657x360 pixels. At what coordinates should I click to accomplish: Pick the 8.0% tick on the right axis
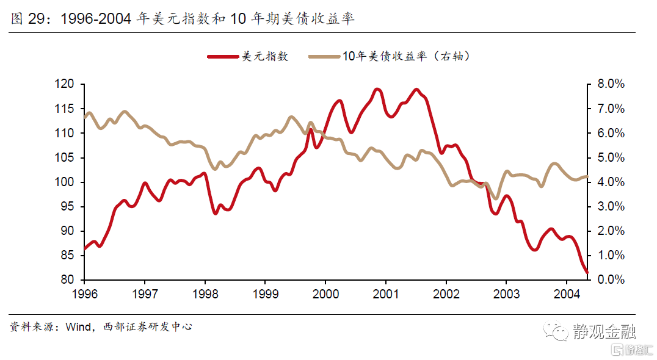(609, 84)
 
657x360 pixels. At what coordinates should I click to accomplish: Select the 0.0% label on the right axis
(609, 280)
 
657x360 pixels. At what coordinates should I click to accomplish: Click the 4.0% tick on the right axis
(609, 182)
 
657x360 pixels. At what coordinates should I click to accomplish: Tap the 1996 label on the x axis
(85, 293)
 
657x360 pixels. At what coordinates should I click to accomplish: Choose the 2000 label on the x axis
(325, 293)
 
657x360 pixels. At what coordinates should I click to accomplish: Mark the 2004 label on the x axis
(566, 293)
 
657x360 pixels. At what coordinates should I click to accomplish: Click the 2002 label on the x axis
(446, 293)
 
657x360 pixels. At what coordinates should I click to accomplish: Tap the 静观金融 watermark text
(604, 331)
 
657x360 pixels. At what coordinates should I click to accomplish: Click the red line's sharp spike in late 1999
(311, 130)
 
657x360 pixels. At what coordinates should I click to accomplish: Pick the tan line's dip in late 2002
(496, 198)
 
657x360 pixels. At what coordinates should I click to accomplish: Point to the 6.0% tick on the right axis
(609, 133)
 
